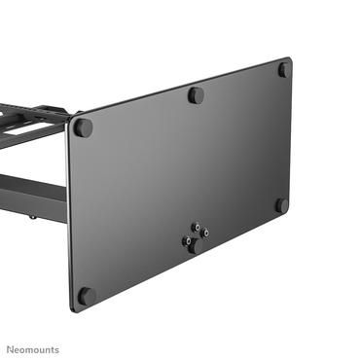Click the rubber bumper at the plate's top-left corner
pos(84,127)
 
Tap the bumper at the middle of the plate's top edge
pos(196,95)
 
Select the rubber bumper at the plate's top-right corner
pos(284,70)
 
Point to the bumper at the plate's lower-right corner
pos(282,205)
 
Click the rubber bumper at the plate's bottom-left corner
pos(86,295)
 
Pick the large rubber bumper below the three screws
pos(196,246)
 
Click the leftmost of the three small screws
pos(187,236)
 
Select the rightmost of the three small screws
pos(204,233)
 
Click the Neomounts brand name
pos(34,349)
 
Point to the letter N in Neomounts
pos(13,349)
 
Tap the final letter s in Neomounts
pos(56,350)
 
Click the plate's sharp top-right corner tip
pos(290,58)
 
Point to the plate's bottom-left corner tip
pos(73,311)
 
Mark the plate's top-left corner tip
pos(67,124)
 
